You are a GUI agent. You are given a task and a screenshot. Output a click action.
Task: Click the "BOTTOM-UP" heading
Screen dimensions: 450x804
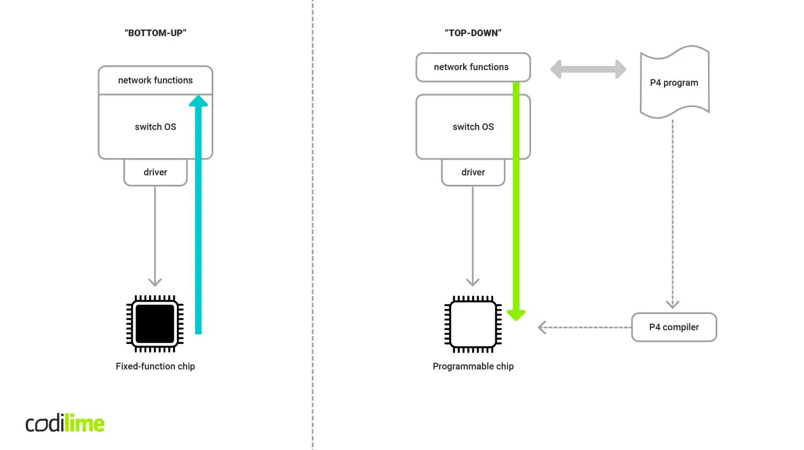(x=155, y=33)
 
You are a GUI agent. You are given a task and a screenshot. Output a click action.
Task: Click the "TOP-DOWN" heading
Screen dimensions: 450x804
(x=473, y=33)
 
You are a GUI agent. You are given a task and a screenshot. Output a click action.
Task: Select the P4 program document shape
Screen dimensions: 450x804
(x=674, y=82)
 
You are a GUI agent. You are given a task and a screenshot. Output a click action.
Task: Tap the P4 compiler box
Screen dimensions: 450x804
(x=674, y=327)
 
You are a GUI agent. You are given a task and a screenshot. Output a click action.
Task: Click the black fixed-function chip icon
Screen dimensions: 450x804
(x=155, y=324)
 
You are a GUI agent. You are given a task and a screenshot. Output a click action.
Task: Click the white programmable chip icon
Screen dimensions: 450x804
(x=473, y=324)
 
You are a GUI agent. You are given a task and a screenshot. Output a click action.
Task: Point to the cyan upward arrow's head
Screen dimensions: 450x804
(x=198, y=101)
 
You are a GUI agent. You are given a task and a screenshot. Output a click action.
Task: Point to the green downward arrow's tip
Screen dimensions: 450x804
(x=516, y=316)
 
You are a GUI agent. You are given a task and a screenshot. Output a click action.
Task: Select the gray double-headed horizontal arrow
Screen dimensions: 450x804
(x=588, y=69)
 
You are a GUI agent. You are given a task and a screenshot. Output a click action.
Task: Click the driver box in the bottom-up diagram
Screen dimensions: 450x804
(x=155, y=172)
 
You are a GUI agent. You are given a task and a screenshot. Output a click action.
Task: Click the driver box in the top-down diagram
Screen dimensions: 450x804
(x=473, y=172)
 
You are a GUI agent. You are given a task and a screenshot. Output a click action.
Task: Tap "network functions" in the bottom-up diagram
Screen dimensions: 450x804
(x=155, y=80)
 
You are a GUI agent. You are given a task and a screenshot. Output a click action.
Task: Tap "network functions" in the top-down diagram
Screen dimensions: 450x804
(x=471, y=67)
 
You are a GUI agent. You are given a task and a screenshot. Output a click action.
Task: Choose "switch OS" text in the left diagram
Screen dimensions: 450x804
(x=155, y=127)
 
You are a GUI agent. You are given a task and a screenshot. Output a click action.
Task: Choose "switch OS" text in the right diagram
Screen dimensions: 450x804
(x=473, y=127)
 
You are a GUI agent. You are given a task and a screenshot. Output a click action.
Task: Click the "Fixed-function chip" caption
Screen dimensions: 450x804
(x=155, y=366)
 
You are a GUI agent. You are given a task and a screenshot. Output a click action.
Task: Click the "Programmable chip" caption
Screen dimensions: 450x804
(x=473, y=366)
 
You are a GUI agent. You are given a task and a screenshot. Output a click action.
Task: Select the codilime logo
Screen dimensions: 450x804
(x=65, y=423)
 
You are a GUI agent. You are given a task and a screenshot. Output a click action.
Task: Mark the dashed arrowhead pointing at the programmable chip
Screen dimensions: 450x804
(x=542, y=327)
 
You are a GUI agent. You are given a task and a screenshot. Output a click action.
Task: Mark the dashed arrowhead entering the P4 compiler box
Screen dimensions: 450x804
(x=673, y=304)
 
